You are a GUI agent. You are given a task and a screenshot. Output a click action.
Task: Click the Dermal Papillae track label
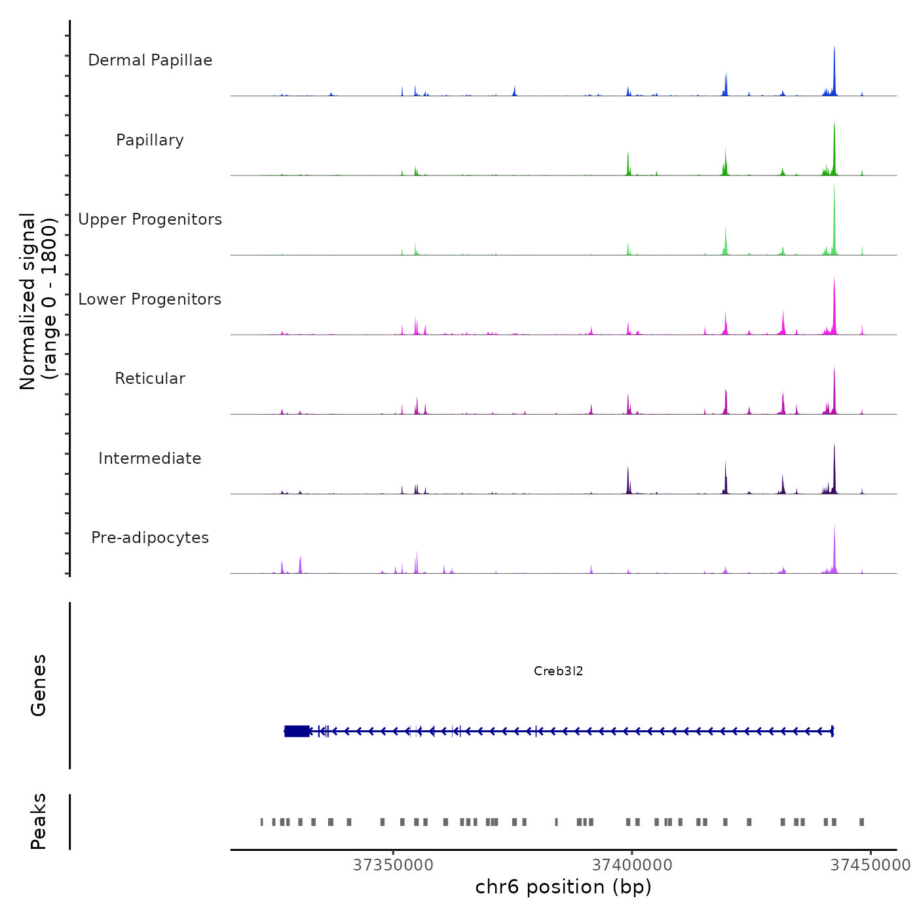tap(150, 60)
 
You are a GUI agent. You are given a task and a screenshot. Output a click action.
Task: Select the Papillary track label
tap(150, 140)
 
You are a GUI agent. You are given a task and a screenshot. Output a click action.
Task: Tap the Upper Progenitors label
tap(150, 219)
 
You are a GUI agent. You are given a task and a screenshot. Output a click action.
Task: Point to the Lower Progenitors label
tap(150, 299)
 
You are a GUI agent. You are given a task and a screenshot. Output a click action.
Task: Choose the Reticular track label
tap(150, 379)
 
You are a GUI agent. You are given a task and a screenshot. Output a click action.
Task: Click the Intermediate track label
tap(150, 458)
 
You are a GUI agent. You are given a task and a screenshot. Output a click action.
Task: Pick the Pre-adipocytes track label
tap(150, 538)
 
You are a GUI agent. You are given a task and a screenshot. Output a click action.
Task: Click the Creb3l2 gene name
tap(558, 671)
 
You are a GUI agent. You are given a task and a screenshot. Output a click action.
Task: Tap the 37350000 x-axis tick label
tap(393, 865)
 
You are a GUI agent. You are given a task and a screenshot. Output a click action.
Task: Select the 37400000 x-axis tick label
tap(632, 865)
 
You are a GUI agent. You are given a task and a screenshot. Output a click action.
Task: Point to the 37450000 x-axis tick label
tap(870, 865)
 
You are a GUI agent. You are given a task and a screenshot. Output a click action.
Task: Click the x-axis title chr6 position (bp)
tap(563, 887)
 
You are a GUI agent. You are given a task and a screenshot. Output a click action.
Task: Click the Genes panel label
tap(39, 685)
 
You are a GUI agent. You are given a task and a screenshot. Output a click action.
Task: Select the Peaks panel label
tap(39, 821)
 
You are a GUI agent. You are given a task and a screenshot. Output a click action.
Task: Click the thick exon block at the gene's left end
tap(297, 731)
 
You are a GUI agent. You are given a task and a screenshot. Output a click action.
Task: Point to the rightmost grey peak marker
tap(862, 822)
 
